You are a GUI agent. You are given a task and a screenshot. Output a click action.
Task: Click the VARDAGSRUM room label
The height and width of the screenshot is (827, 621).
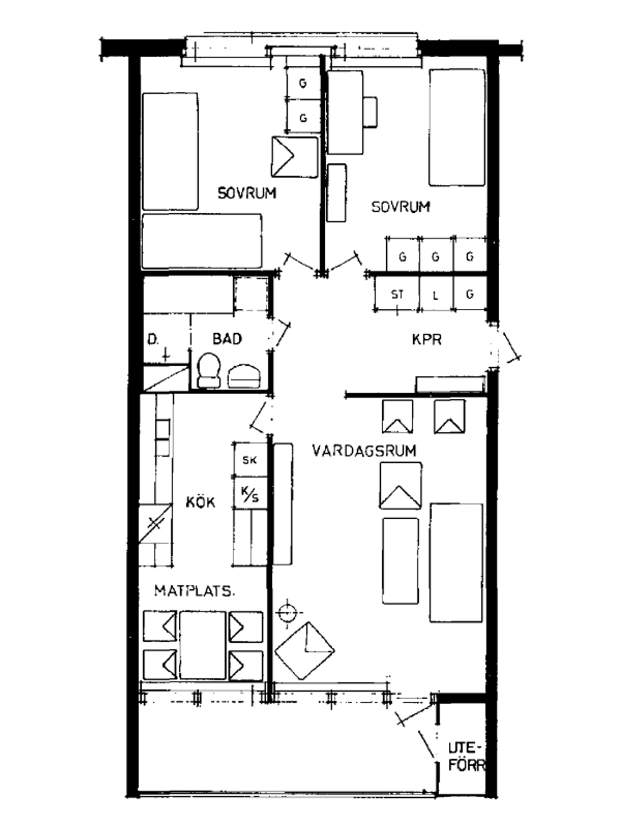coord(365,450)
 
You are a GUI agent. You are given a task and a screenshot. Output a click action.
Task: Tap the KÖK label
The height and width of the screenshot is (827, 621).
coord(201,502)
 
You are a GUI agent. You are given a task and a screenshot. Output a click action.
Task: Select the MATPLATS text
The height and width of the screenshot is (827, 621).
coord(194,591)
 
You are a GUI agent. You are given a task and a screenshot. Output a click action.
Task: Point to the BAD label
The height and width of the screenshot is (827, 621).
coord(227,339)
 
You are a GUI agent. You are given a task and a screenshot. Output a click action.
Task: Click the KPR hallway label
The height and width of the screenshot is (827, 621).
coord(427,339)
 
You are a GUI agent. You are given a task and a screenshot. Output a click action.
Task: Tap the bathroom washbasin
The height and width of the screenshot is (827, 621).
coord(244,376)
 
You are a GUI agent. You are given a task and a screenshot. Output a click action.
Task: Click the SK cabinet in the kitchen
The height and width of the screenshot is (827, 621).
coord(250,460)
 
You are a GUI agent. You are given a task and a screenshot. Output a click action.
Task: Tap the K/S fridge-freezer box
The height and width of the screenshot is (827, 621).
coord(250,493)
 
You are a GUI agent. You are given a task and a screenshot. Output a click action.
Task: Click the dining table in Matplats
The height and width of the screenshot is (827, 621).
coord(203,645)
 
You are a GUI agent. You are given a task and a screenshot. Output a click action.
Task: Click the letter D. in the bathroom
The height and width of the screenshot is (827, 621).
coord(153,340)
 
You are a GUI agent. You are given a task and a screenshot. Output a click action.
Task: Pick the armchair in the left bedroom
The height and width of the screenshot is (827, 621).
coord(294,157)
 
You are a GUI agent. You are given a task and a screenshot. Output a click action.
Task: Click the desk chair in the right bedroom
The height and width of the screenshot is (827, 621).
coord(370,112)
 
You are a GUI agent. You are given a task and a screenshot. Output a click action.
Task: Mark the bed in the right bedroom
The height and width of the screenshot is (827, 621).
coord(457,127)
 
